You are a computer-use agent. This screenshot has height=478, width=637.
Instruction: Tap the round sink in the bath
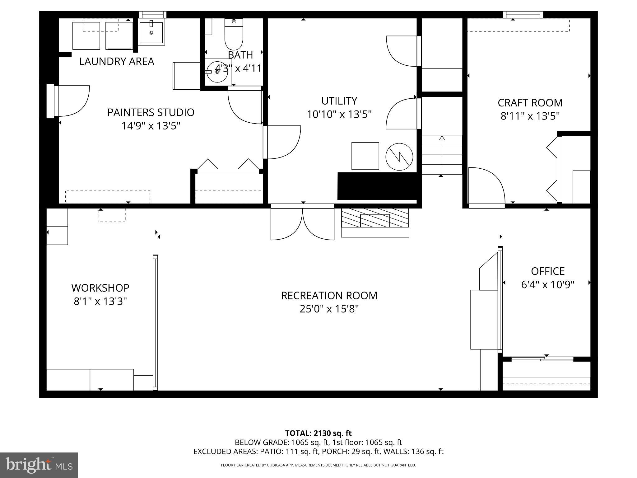click(217, 72)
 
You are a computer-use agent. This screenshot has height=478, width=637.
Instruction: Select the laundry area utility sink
click(151, 32)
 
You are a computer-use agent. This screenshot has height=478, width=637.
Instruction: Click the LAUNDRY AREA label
click(117, 61)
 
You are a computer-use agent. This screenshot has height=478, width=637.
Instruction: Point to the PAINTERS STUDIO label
click(151, 112)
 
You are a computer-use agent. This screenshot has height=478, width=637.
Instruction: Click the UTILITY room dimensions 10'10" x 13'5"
click(339, 115)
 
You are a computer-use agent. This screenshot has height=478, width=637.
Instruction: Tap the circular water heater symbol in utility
click(399, 157)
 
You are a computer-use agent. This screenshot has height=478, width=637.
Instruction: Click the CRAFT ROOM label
click(530, 103)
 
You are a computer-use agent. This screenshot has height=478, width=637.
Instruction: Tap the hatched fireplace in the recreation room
click(375, 218)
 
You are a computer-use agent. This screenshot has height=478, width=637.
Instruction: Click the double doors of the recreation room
click(302, 223)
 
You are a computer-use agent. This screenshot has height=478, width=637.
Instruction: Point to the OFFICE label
click(547, 271)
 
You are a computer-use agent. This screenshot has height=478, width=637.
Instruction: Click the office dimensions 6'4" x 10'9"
click(547, 284)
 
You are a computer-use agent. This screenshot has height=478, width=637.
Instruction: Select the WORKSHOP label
click(100, 288)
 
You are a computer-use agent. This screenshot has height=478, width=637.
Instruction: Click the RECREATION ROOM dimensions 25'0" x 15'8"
click(329, 309)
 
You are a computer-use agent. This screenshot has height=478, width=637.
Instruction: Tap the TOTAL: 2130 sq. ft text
click(318, 433)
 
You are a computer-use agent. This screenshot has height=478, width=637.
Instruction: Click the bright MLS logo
click(39, 465)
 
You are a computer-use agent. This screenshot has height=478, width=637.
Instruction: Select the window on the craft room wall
click(523, 15)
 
